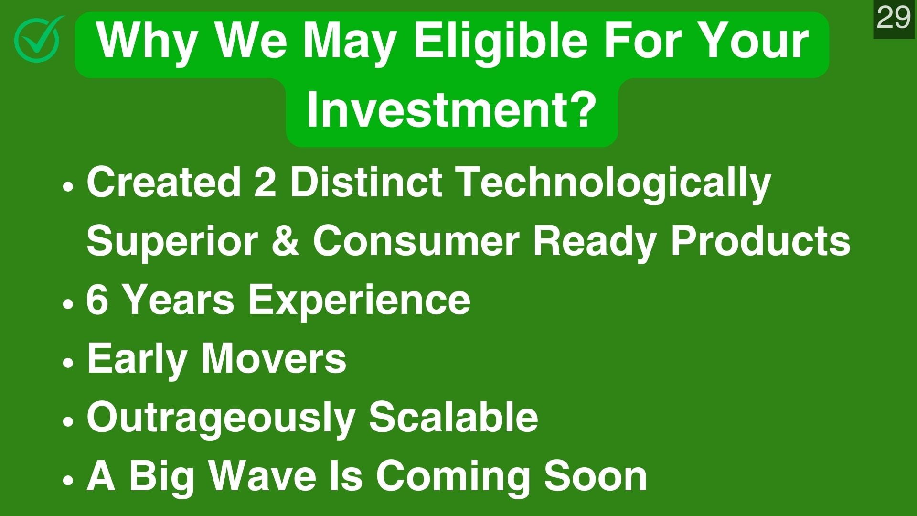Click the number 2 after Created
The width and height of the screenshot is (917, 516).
point(265,182)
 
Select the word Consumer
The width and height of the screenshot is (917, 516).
point(416,241)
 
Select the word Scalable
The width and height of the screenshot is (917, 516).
point(453,417)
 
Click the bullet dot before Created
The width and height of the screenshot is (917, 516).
point(69,186)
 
